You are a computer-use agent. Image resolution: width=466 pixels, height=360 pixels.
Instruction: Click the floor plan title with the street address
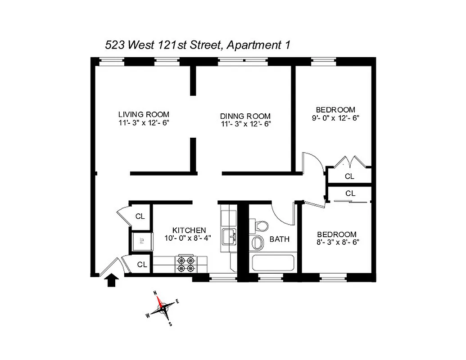coord(197,45)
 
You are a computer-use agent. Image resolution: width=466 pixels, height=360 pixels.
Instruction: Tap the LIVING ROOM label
coord(144,114)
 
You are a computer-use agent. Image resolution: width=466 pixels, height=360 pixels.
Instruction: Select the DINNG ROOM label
coord(245,116)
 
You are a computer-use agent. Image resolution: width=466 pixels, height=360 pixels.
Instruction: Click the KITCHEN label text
coord(189,230)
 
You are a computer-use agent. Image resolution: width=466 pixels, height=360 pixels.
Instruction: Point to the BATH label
coord(280,239)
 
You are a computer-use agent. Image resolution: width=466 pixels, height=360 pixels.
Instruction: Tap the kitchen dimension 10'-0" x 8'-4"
coord(189,238)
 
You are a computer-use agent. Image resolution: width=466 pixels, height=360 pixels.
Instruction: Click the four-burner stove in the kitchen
coord(186,264)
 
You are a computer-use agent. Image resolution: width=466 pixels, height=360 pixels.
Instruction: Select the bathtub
coord(273,263)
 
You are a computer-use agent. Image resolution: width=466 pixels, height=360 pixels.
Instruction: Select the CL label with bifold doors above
coord(349,176)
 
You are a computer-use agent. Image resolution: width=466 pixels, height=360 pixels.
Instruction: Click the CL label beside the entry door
coord(142,265)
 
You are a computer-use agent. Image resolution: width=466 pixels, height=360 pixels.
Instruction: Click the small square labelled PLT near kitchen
coord(140,241)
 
